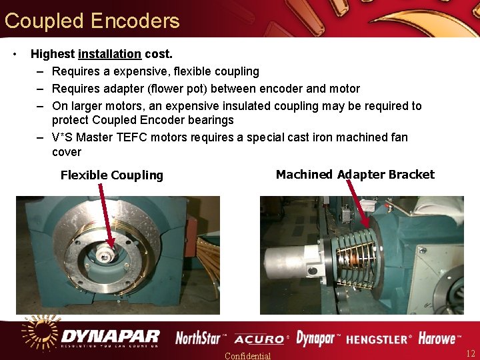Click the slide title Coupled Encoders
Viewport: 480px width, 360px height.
pyautogui.click(x=92, y=21)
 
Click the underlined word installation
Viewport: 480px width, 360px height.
pyautogui.click(x=109, y=54)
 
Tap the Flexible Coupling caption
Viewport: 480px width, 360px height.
pyautogui.click(x=111, y=175)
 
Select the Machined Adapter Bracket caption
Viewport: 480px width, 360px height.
pyautogui.click(x=355, y=175)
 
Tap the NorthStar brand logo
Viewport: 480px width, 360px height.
pyautogui.click(x=201, y=338)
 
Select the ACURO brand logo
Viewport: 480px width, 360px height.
pyautogui.click(x=260, y=339)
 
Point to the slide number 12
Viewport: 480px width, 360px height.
pyautogui.click(x=470, y=353)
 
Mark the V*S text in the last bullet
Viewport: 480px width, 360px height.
pyautogui.click(x=66, y=137)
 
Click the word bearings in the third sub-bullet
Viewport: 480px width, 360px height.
pyautogui.click(x=210, y=120)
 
